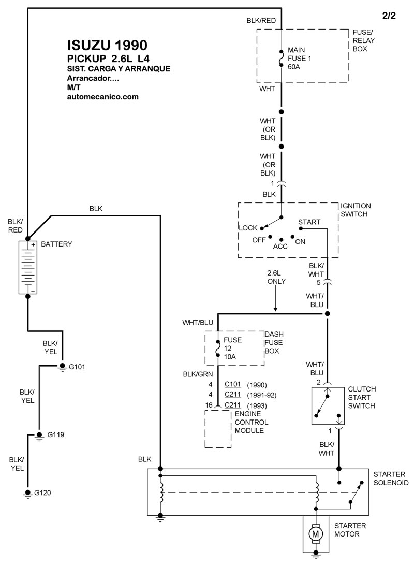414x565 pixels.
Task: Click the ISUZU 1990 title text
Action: coord(107,45)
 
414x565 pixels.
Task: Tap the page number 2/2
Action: coord(389,16)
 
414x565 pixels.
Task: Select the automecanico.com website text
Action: coord(103,97)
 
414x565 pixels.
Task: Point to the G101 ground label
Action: coord(77,367)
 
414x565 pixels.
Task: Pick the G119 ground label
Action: coord(57,434)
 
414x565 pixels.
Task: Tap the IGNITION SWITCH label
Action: coord(356,210)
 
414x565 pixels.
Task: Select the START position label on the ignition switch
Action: coord(309,222)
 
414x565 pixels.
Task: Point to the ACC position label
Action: coord(280,246)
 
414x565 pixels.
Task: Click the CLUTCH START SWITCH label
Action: coord(362,397)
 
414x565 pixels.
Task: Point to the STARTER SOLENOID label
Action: coord(391,478)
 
